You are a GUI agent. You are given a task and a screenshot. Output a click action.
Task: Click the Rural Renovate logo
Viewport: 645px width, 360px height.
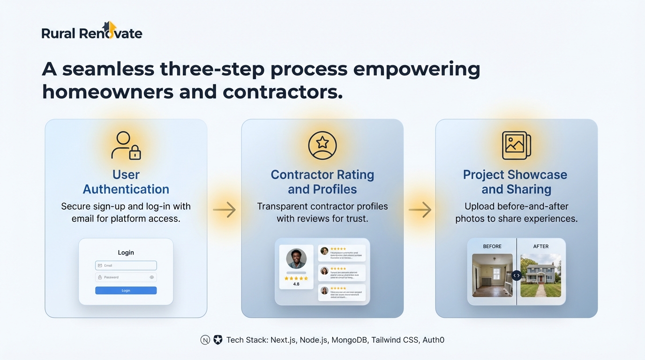coord(92,32)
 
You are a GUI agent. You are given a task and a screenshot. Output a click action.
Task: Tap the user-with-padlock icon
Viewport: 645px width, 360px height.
coord(126,146)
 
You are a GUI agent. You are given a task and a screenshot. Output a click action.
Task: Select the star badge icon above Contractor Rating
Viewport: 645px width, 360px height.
coord(322,145)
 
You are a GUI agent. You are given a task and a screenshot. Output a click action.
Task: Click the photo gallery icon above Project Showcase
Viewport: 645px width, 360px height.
coord(516,145)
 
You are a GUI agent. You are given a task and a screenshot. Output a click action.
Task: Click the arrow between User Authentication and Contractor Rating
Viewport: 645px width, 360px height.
coord(225,210)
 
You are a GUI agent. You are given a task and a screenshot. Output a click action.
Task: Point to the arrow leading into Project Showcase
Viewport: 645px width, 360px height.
coord(420,210)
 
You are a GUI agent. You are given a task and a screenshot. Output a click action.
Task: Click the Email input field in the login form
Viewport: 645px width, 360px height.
coord(126,265)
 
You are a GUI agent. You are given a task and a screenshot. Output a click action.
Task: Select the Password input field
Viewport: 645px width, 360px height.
coord(122,277)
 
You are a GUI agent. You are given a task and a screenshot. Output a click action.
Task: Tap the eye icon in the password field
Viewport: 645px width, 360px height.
coord(152,277)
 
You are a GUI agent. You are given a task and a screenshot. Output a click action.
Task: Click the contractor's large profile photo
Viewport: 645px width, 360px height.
coord(296,258)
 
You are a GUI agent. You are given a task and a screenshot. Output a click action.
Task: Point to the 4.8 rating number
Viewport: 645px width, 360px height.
coord(296,284)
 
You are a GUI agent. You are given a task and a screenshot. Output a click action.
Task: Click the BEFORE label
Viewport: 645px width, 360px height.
coord(492,246)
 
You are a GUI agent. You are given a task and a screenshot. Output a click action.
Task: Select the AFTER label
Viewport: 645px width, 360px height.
coord(540,246)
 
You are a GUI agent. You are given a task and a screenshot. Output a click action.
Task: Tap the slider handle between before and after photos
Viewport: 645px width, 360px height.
coord(516,276)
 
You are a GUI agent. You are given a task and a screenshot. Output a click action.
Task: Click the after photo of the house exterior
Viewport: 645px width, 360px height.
coord(541,276)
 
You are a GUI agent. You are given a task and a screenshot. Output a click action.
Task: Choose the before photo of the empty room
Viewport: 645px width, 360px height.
coord(492,276)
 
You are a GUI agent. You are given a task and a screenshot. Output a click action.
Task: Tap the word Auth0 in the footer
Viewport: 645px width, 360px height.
coord(433,340)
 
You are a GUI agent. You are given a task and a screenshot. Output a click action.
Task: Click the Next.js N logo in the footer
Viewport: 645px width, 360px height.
coord(205,340)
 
